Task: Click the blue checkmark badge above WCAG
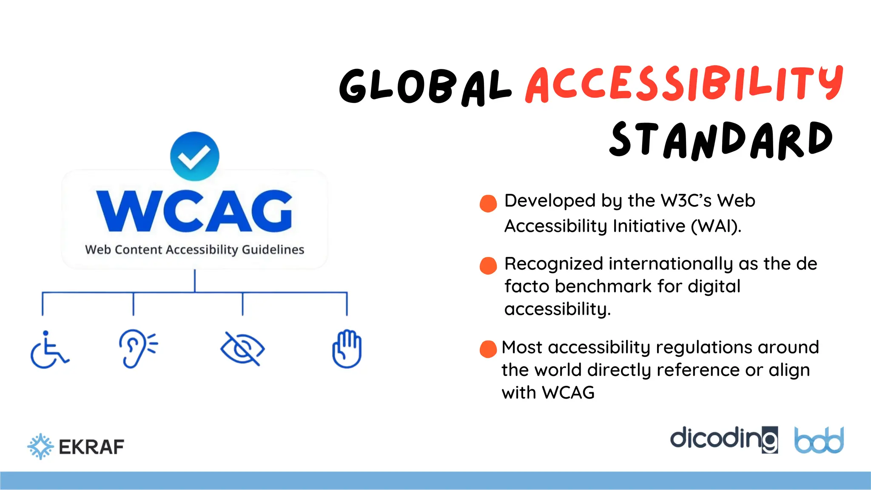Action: [x=195, y=156]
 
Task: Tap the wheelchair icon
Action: [x=49, y=350]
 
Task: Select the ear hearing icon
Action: [x=137, y=348]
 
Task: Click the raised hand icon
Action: [x=347, y=349]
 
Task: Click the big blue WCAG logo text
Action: [x=195, y=211]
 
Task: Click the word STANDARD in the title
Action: [x=720, y=140]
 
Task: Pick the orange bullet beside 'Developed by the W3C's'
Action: [x=488, y=203]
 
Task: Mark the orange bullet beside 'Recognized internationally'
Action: [x=488, y=266]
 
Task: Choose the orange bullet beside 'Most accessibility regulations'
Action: [x=488, y=349]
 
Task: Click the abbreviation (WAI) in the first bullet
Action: [x=716, y=226]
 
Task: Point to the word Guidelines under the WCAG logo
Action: [x=273, y=250]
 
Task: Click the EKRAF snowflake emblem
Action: [x=40, y=447]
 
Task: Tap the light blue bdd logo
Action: [x=819, y=440]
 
